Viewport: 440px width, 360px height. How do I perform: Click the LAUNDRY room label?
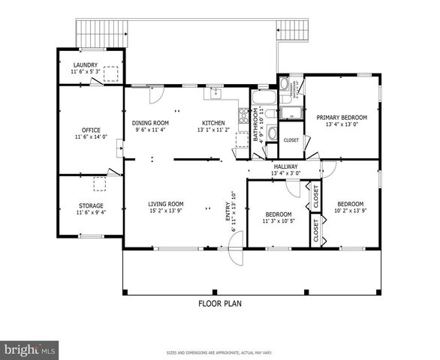point(84,64)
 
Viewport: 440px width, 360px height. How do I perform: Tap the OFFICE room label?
point(91,130)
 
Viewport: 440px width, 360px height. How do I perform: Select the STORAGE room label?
point(91,205)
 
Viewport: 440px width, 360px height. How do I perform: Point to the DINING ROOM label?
point(150,123)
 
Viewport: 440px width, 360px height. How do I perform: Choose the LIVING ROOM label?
point(165,203)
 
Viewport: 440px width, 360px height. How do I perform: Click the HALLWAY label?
point(285,166)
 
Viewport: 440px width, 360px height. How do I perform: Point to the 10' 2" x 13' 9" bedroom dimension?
point(349,211)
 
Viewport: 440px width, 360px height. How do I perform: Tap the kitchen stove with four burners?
point(243,115)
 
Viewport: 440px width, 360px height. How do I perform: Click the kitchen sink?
point(215,94)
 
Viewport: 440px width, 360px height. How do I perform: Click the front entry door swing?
point(236,247)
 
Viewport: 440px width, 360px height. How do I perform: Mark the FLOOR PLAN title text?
point(219,304)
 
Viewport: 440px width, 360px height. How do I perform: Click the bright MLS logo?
point(30,349)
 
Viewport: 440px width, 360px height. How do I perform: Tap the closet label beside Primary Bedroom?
point(291,139)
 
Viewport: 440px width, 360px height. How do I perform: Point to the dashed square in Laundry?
point(111,73)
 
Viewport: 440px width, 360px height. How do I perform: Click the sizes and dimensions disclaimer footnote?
point(219,352)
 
